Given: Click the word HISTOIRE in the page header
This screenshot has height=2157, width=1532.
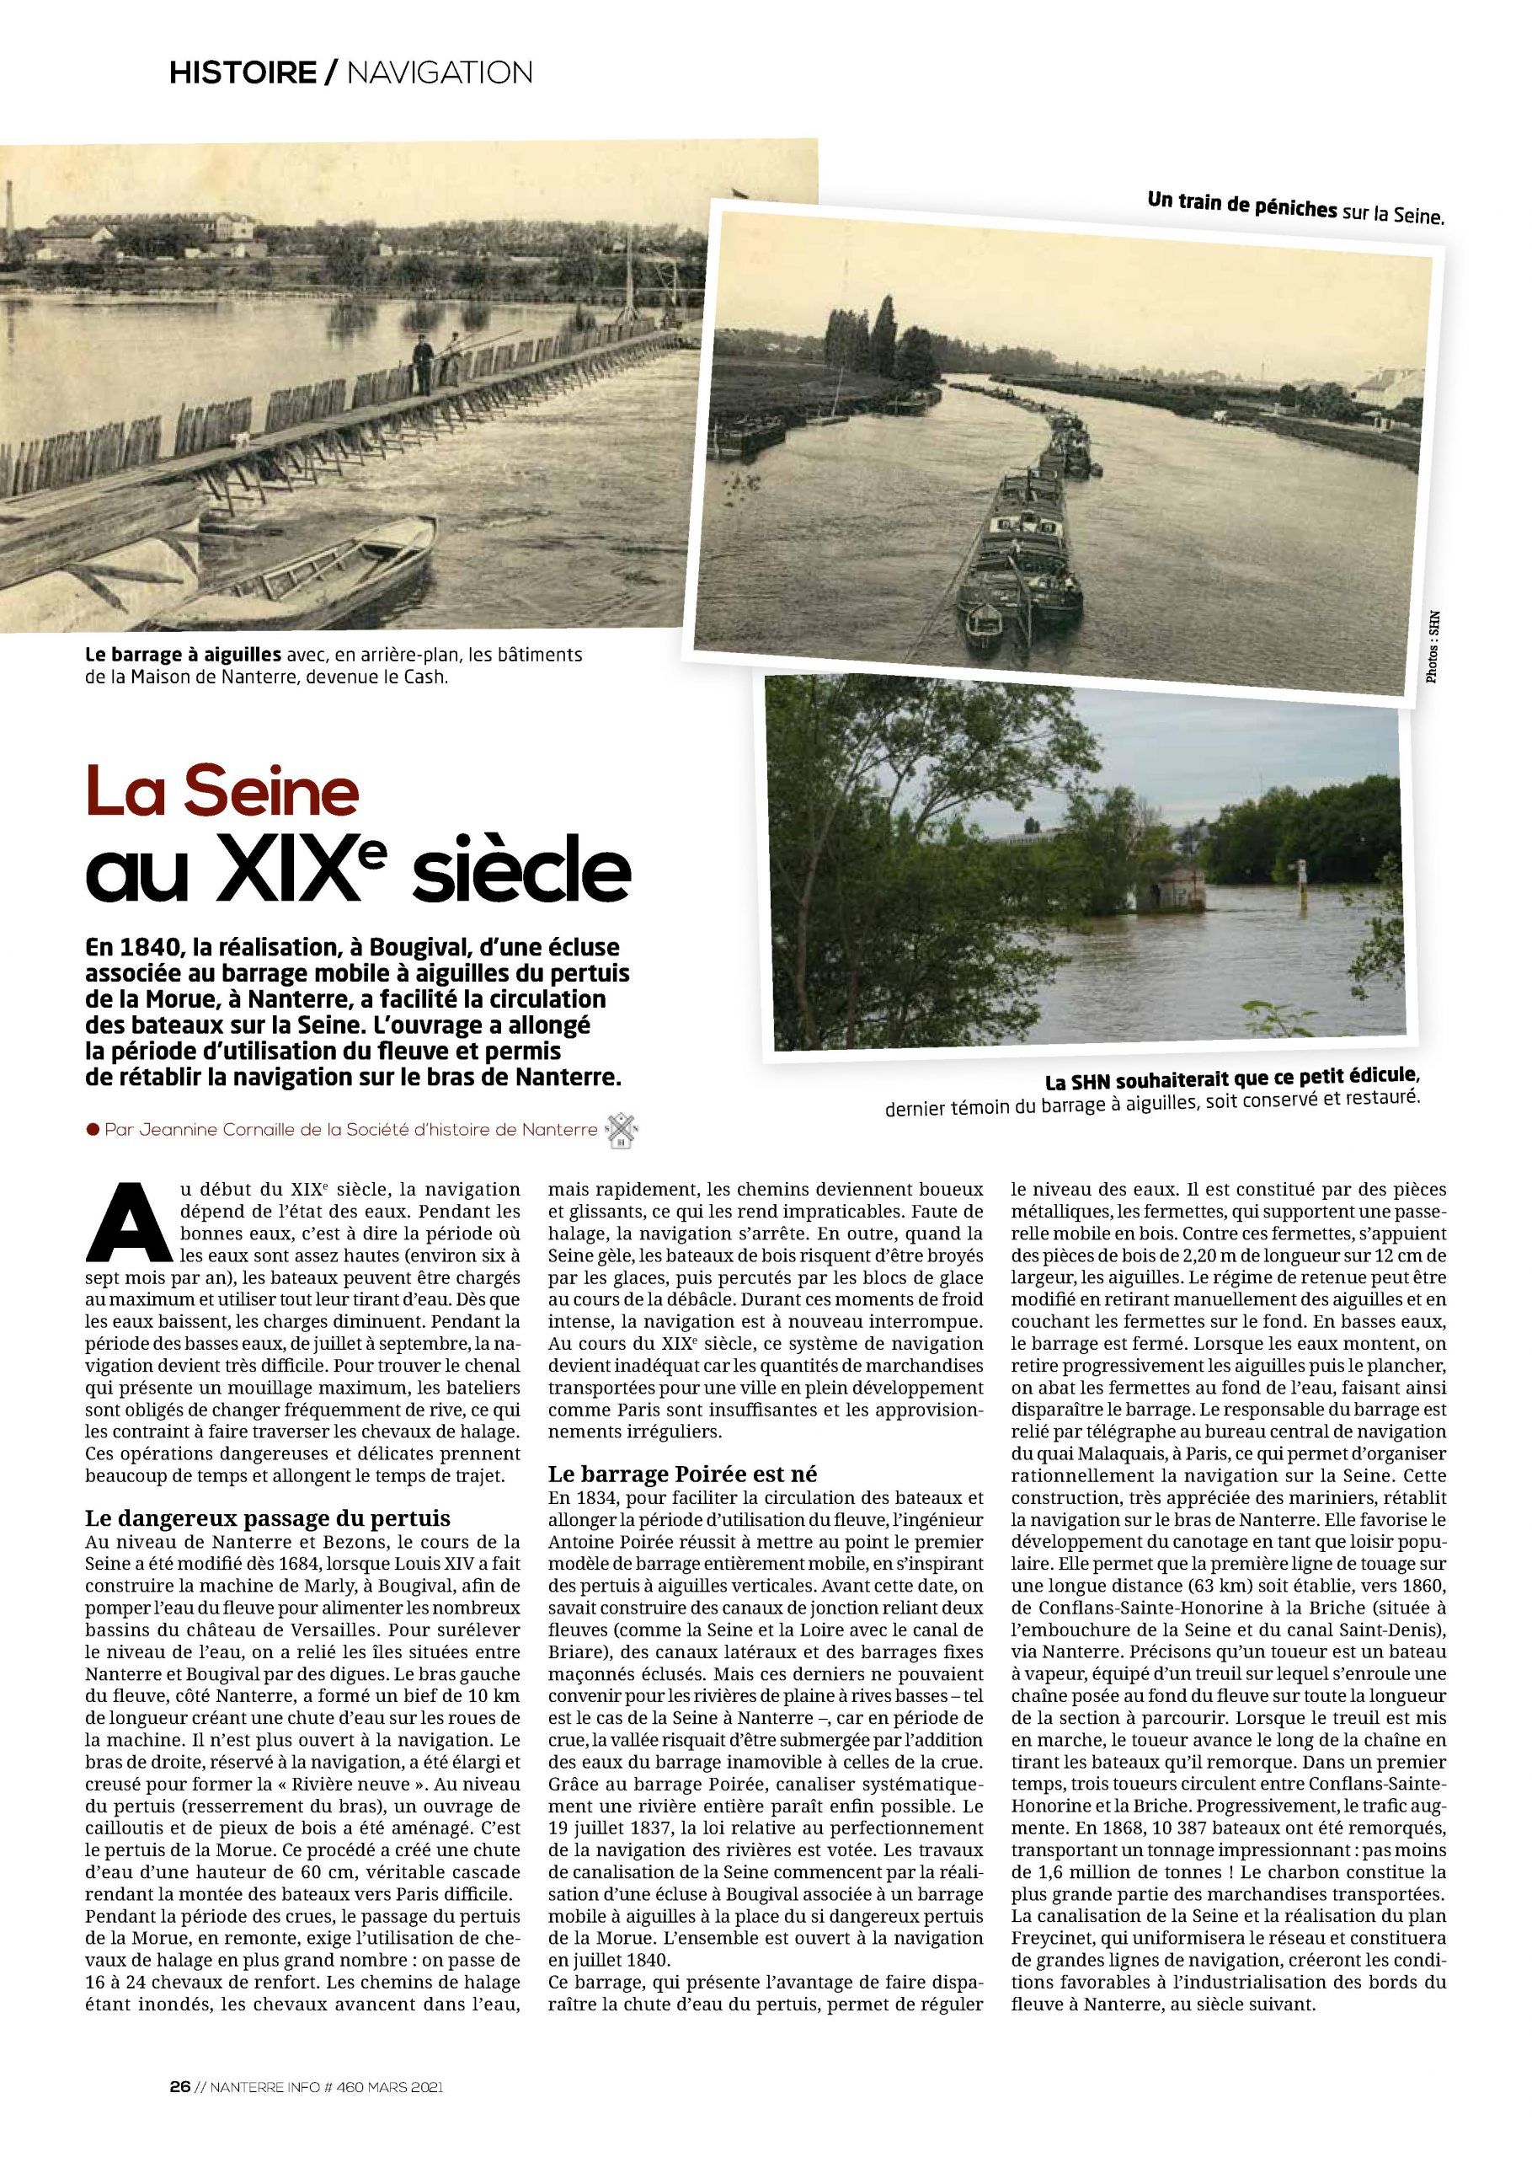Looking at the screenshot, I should coord(243,72).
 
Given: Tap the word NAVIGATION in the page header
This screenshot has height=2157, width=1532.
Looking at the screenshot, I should coord(440,72).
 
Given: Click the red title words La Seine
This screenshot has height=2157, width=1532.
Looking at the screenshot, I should coord(222,793).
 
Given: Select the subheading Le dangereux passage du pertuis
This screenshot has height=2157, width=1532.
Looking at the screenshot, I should coord(268,1518).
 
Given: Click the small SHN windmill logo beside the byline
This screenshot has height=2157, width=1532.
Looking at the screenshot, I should coord(622,1128).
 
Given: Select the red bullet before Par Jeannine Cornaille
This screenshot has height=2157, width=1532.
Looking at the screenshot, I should coord(93,1128).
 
